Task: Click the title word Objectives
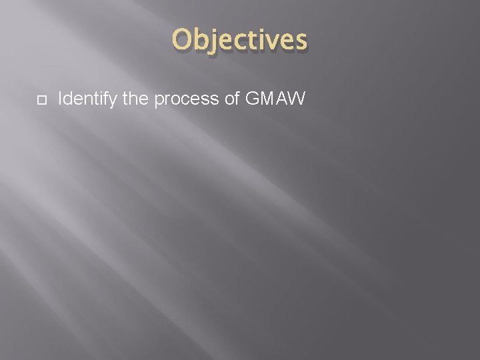pos(240,41)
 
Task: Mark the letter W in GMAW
pos(297,99)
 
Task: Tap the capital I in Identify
pos(60,99)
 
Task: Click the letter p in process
pos(159,101)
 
